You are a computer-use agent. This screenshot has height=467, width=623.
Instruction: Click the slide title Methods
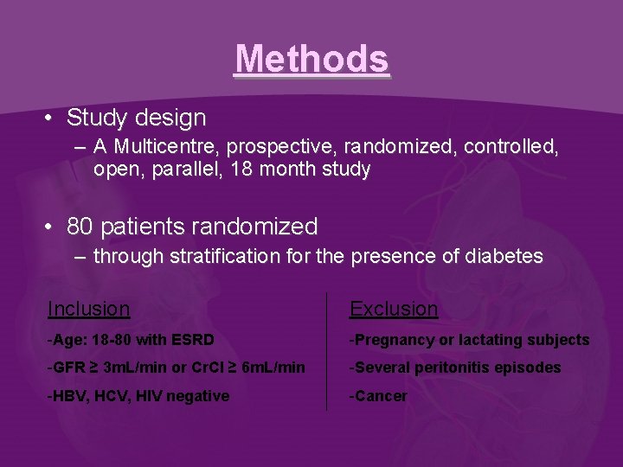click(x=311, y=59)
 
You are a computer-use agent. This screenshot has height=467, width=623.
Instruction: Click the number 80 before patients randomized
click(x=80, y=227)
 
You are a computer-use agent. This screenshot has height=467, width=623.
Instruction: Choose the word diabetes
click(x=505, y=256)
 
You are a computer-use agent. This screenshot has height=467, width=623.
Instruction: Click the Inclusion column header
click(x=89, y=309)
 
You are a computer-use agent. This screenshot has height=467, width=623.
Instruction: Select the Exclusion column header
click(x=394, y=309)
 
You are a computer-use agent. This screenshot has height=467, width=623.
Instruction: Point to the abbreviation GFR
click(x=67, y=368)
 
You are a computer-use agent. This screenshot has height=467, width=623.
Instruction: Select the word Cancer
click(x=381, y=396)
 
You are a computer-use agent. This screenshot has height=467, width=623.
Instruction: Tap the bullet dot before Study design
click(x=53, y=118)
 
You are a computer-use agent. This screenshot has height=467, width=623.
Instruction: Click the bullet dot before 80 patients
click(x=53, y=227)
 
